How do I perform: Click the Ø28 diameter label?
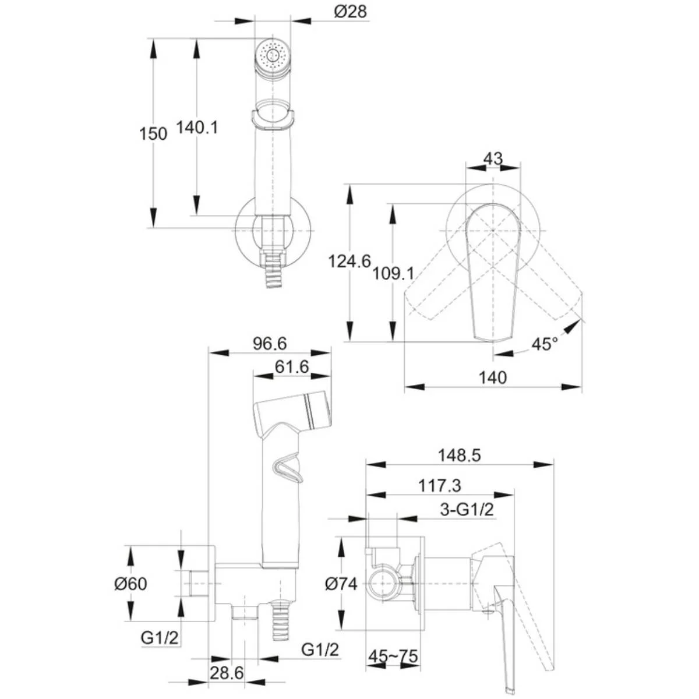click(x=351, y=12)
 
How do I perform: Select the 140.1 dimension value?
click(x=197, y=128)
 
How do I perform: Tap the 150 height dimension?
click(x=153, y=134)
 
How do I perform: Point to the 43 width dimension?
click(x=493, y=158)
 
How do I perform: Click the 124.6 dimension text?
click(x=349, y=261)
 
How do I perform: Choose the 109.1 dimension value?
click(x=393, y=273)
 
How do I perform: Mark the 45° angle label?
click(x=545, y=344)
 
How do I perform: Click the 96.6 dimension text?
click(x=270, y=343)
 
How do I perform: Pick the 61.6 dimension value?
click(x=292, y=366)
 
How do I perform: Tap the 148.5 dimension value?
click(x=459, y=456)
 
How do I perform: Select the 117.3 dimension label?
click(x=440, y=486)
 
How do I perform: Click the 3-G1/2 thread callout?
click(x=467, y=510)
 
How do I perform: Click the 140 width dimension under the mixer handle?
click(x=493, y=377)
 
